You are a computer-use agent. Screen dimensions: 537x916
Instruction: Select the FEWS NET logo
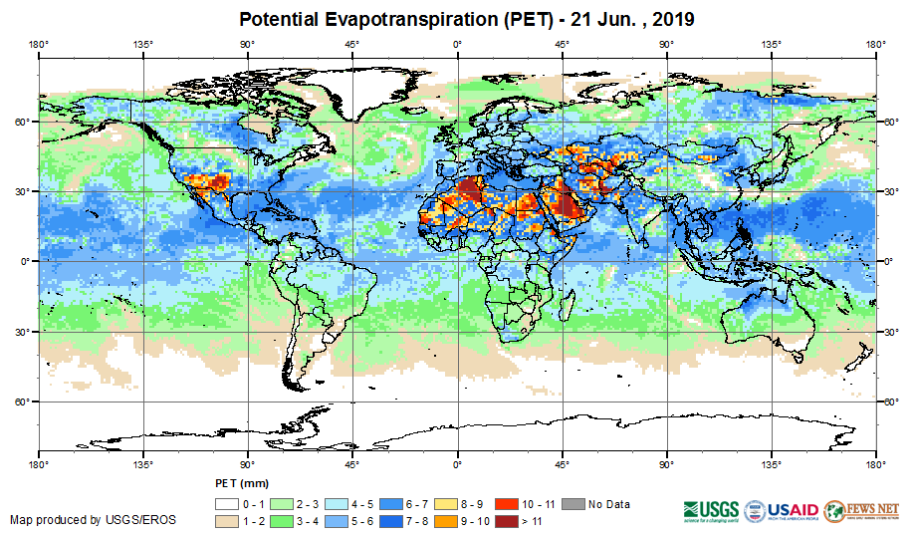[x=860, y=510]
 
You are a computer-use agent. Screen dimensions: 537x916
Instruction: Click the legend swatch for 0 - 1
[x=226, y=504]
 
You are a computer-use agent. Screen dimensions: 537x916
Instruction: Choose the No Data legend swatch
[x=572, y=504]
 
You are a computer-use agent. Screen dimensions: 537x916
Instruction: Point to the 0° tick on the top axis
[x=457, y=44]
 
